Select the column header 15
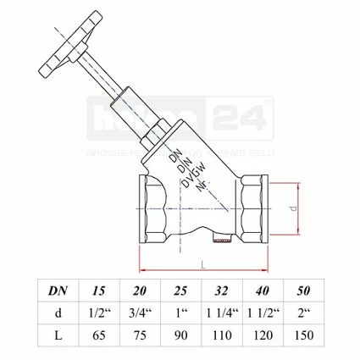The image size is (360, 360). coord(99,291)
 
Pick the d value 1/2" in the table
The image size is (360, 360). coord(99,313)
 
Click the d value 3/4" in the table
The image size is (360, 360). coord(141,313)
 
